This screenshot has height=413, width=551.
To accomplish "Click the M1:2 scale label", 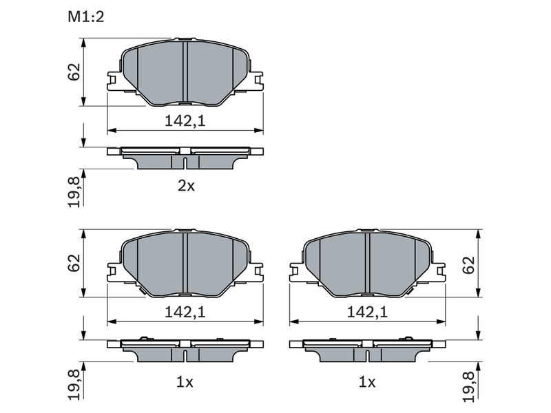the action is (85, 17).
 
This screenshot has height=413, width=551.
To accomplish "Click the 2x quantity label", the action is (186, 186).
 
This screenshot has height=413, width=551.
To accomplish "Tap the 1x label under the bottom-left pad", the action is (185, 382).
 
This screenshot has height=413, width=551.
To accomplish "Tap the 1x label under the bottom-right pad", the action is (367, 382).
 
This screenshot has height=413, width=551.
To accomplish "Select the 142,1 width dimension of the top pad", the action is (185, 121).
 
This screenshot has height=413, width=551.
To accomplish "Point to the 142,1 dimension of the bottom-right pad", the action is (367, 312).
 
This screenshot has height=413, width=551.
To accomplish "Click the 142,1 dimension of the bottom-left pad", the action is (185, 312).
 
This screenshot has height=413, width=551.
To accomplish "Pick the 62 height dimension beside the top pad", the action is (74, 72).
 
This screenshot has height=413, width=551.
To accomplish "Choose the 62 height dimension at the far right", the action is (469, 266).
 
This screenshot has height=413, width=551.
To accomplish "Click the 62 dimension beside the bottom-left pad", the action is (74, 263).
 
